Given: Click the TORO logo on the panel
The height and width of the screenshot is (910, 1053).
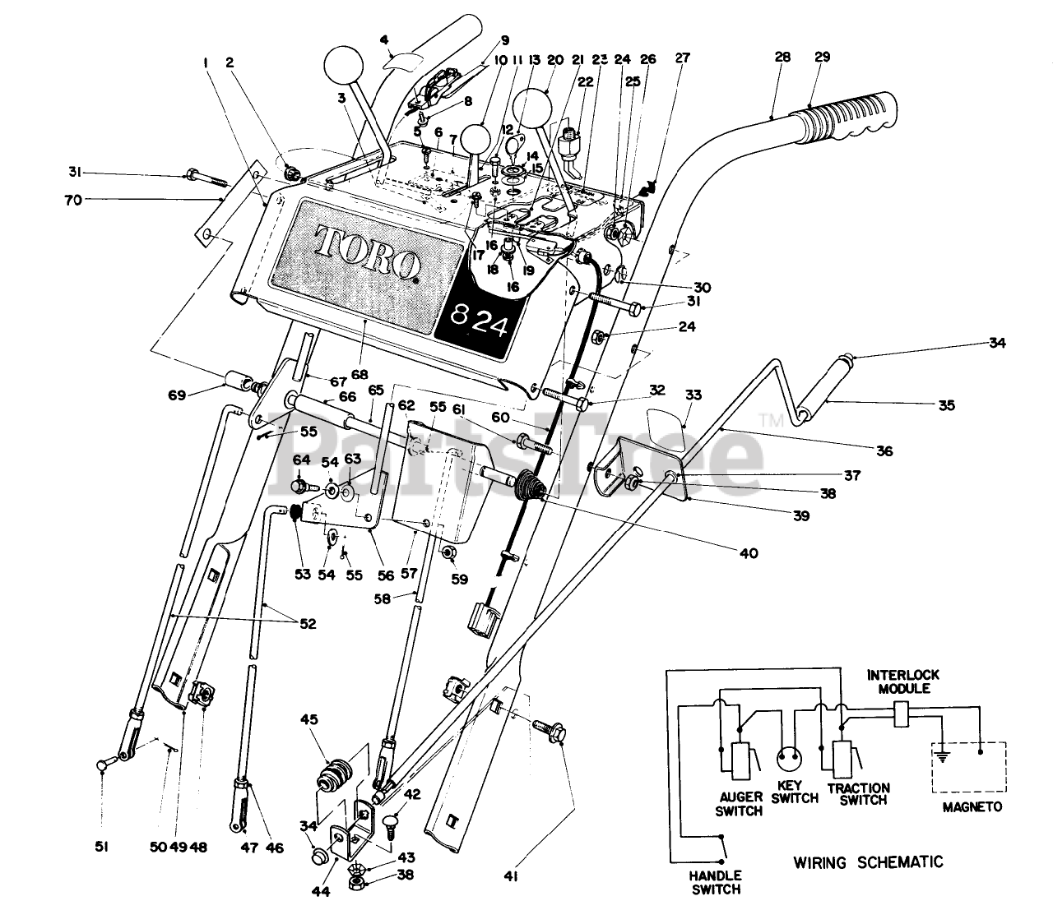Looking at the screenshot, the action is coord(368,252).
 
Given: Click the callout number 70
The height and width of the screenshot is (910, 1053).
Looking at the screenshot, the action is coord(73,200).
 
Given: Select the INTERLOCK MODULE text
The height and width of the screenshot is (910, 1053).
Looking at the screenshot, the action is coord(902,681).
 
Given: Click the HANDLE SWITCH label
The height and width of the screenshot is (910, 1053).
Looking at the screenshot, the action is coord(715,882).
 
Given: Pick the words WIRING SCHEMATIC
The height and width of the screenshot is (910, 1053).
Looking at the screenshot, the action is coord(868,862).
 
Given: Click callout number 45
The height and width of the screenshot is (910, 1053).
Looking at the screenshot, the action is coord(308,719).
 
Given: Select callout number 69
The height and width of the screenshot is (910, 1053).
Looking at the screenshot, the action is coord(177,395).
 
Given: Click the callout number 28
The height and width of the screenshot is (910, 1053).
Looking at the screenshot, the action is coord(782,57).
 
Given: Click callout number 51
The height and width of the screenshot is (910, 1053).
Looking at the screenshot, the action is coord(101,847).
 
